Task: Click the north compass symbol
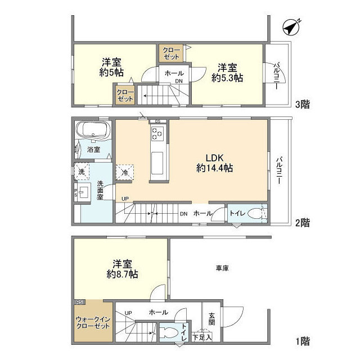(290, 28)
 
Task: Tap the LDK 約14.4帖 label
(215, 162)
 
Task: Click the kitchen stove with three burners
(157, 134)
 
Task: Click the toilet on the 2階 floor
(256, 214)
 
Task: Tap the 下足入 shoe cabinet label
(202, 337)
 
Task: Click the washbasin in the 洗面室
(85, 191)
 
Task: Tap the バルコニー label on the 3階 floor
(277, 74)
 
